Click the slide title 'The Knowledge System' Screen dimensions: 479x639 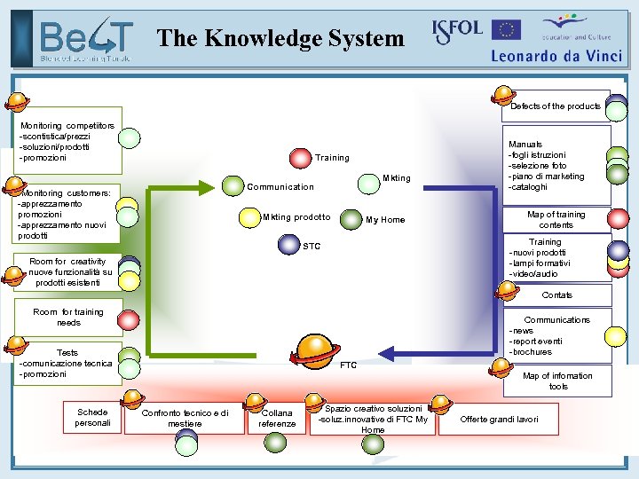pos(280,38)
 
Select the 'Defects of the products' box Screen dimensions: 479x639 pos(556,106)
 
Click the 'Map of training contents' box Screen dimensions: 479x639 pos(556,219)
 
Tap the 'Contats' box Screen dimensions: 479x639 pos(556,294)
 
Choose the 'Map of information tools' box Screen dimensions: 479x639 pos(557,381)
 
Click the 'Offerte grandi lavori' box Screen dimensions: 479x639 pos(498,419)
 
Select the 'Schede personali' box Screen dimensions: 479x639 pos(92,417)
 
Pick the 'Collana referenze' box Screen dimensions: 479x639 pos(277,419)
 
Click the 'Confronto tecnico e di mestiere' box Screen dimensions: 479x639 pos(185,419)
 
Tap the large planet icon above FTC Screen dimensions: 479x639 pos(315,350)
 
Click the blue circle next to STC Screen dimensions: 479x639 pos(289,244)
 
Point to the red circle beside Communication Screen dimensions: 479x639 pos(233,186)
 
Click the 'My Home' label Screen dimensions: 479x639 pos(385,220)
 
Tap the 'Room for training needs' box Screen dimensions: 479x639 pos(68,317)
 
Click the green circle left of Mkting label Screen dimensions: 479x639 pos(368,183)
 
